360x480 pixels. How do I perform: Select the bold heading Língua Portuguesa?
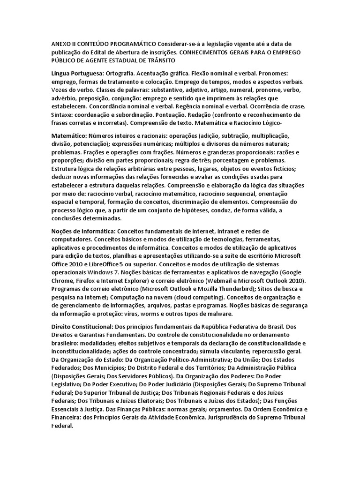(78, 74)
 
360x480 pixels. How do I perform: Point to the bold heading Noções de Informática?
(83, 231)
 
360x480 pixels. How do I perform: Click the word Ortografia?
(121, 74)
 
